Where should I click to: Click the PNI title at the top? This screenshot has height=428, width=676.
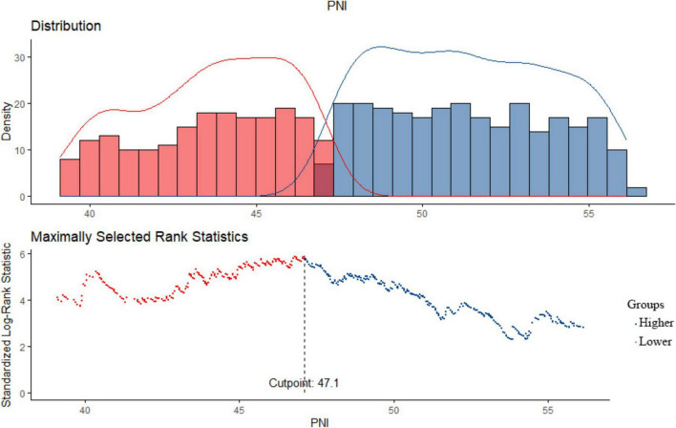(x=337, y=7)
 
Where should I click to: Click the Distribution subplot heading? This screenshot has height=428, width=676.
(x=66, y=26)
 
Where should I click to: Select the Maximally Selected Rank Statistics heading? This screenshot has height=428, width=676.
(x=139, y=237)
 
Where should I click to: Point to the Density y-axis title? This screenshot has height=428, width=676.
(x=7, y=120)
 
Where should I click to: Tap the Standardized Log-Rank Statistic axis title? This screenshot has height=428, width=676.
(x=7, y=325)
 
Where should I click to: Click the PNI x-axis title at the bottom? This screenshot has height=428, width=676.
(x=320, y=422)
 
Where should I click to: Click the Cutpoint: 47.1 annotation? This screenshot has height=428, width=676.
(x=304, y=383)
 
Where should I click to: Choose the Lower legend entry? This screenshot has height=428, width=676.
(x=654, y=342)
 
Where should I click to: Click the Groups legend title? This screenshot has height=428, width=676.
(x=645, y=304)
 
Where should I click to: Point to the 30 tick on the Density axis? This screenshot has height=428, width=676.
(x=20, y=57)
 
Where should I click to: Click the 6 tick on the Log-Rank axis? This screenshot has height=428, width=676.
(x=23, y=254)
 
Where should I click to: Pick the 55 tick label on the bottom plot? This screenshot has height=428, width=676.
(x=548, y=409)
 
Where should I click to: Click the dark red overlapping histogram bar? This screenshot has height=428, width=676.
(x=324, y=180)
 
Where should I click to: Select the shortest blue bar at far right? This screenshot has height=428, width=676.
(x=637, y=192)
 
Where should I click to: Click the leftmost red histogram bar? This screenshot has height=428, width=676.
(x=70, y=178)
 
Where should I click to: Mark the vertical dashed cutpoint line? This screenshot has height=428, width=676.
(x=305, y=325)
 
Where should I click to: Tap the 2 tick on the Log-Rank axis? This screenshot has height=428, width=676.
(x=23, y=347)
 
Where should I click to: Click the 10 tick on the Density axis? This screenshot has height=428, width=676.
(x=20, y=150)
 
